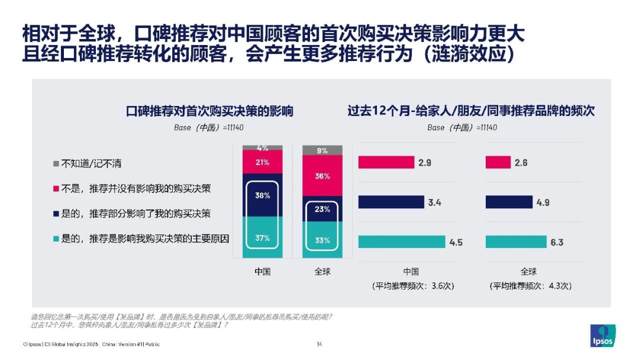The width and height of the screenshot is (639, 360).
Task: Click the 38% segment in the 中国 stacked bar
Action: tap(263, 195)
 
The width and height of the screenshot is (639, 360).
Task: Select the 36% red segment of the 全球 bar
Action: tap(322, 176)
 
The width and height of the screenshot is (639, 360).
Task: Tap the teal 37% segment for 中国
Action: tap(263, 237)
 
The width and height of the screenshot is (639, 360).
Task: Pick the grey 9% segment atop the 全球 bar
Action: tap(322, 150)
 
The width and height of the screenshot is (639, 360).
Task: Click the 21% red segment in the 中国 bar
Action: tap(263, 162)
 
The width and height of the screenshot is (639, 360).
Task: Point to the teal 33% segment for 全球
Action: tap(322, 240)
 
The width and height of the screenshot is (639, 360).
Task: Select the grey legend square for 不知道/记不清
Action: tap(56, 163)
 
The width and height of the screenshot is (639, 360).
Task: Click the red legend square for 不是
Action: tap(56, 188)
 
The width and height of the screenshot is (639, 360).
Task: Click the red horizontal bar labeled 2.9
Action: tap(386, 162)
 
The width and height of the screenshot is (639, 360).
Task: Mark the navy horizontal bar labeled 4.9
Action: tap(509, 202)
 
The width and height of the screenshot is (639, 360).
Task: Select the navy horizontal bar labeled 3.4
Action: tap(391, 202)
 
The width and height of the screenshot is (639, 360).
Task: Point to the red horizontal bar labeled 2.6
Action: tap(498, 162)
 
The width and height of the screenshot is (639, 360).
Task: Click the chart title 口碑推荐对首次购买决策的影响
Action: tap(210, 111)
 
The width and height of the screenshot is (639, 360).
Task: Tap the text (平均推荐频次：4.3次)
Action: tap(529, 285)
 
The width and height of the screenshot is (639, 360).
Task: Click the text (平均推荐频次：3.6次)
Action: tap(411, 285)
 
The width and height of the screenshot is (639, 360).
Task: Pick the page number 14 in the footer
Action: tap(319, 344)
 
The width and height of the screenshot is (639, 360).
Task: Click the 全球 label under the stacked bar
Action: tap(322, 272)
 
